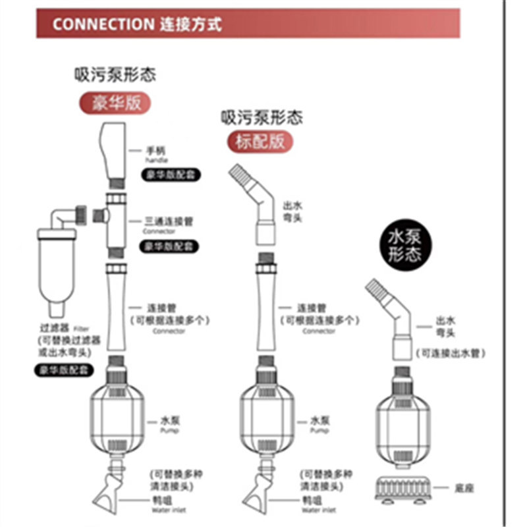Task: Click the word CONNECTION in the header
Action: point(103,25)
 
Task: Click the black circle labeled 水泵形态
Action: point(404,246)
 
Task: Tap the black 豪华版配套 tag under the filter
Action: point(64,370)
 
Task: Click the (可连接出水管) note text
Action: point(451,354)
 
